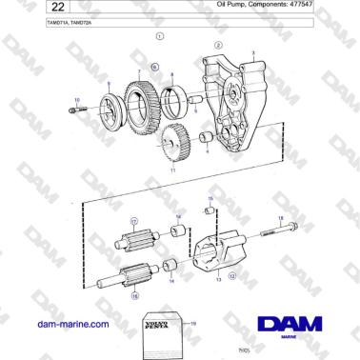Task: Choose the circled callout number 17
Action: (x=133, y=220)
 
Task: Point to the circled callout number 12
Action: (x=232, y=276)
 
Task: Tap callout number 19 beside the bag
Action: (x=193, y=325)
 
